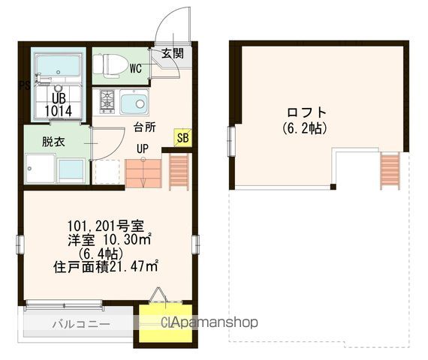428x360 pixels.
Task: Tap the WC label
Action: (x=136, y=68)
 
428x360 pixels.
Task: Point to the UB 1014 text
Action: (x=57, y=103)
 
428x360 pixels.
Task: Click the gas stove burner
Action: (x=107, y=100)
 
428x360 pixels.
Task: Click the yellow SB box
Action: (x=182, y=137)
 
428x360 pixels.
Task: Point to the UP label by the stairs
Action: (x=142, y=148)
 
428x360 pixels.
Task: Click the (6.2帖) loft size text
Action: (x=305, y=128)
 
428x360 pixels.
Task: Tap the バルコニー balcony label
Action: (x=80, y=324)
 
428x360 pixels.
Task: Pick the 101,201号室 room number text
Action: (x=110, y=225)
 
